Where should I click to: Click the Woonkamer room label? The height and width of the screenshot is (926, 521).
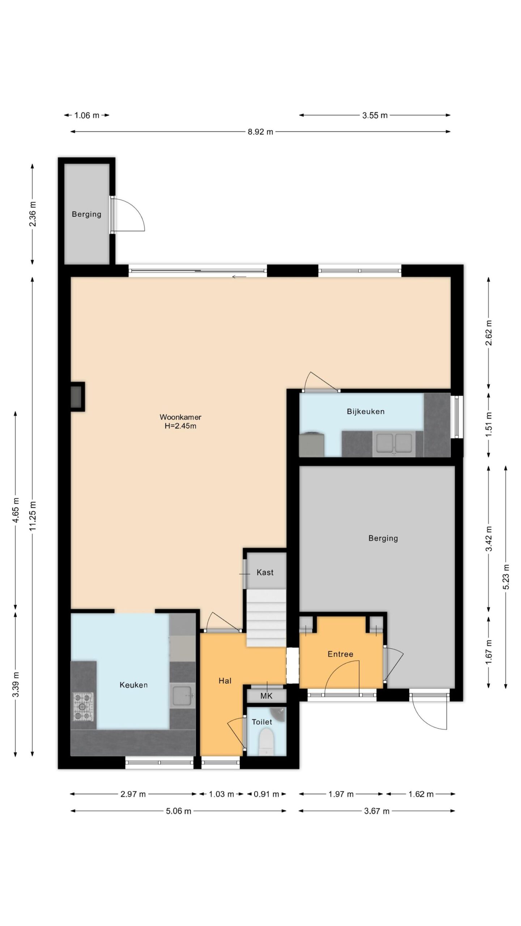(180, 417)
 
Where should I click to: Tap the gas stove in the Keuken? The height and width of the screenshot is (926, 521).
(84, 706)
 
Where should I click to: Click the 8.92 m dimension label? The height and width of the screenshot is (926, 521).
(260, 132)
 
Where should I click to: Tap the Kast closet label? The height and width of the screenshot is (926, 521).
(265, 572)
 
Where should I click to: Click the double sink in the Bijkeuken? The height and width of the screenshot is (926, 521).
(394, 443)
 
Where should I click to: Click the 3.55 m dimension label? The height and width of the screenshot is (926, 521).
(375, 115)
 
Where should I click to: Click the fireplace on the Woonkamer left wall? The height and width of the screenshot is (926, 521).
(77, 396)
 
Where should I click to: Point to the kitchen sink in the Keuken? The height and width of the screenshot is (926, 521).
(183, 695)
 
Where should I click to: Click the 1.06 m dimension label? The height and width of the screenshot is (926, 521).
(86, 115)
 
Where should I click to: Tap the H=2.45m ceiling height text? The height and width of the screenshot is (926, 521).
(180, 426)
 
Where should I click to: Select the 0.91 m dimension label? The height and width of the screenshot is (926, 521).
(266, 794)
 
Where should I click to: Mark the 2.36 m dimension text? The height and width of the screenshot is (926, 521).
(33, 214)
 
